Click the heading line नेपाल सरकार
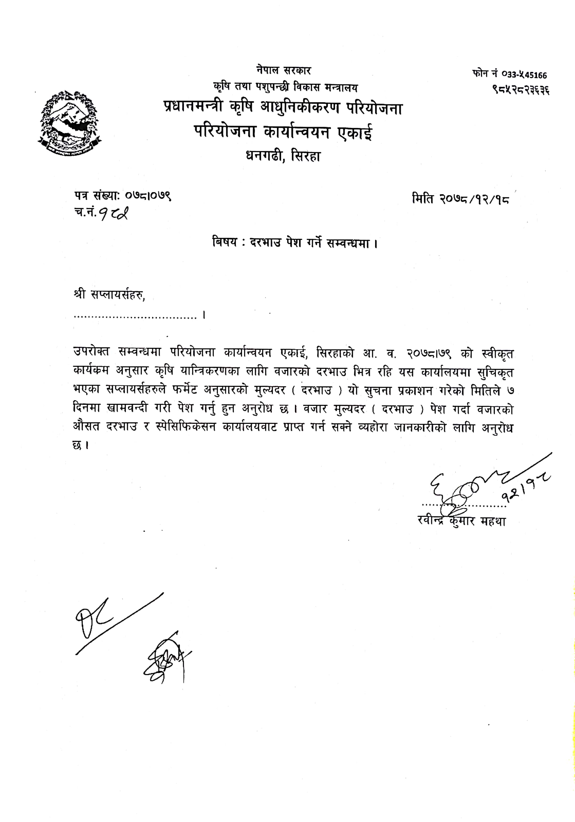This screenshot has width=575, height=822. tap(283, 70)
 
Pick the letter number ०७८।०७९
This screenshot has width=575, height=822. tap(147, 196)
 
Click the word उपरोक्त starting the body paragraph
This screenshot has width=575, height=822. tap(91, 353)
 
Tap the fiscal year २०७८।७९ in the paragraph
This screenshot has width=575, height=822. tap(428, 354)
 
